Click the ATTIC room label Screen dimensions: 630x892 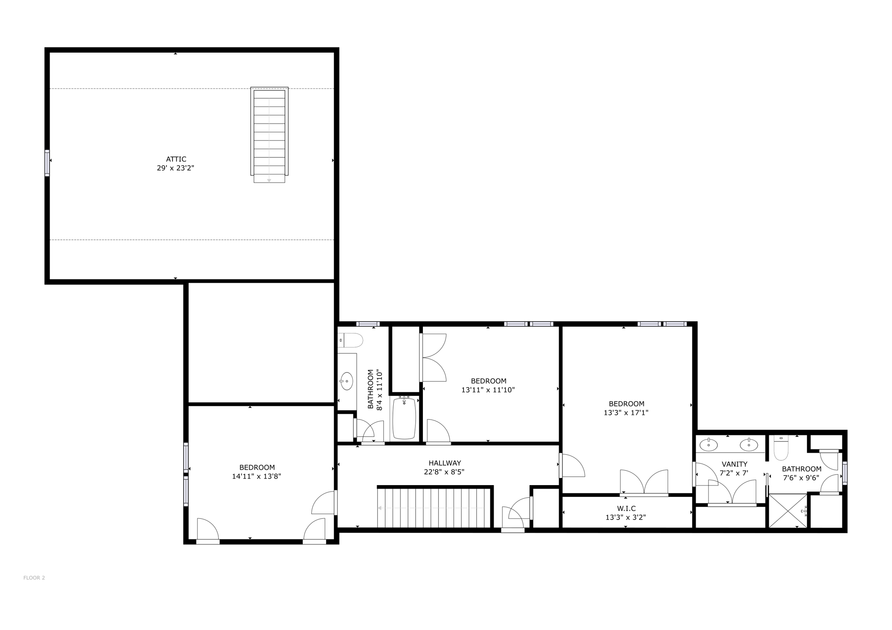point(176,159)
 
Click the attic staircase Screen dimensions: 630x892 point(269,133)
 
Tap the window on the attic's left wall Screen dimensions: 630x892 point(47,163)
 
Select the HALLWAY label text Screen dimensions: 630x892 point(444,463)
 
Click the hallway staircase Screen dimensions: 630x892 point(435,508)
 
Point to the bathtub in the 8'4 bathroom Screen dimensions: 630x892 point(404,418)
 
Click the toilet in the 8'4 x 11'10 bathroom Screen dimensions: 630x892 point(351,340)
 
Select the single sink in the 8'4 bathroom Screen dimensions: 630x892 point(347,381)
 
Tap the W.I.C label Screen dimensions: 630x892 point(626,508)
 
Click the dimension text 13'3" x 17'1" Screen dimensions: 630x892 point(626,412)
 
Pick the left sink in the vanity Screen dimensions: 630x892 point(709,445)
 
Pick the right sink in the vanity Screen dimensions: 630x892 point(749,445)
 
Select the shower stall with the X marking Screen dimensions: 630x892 point(787,511)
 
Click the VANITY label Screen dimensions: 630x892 point(734,464)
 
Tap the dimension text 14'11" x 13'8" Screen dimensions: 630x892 point(257,476)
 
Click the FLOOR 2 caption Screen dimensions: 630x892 point(34,578)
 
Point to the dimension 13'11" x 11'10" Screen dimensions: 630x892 point(488,390)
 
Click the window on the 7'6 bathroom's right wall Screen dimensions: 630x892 point(845,473)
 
